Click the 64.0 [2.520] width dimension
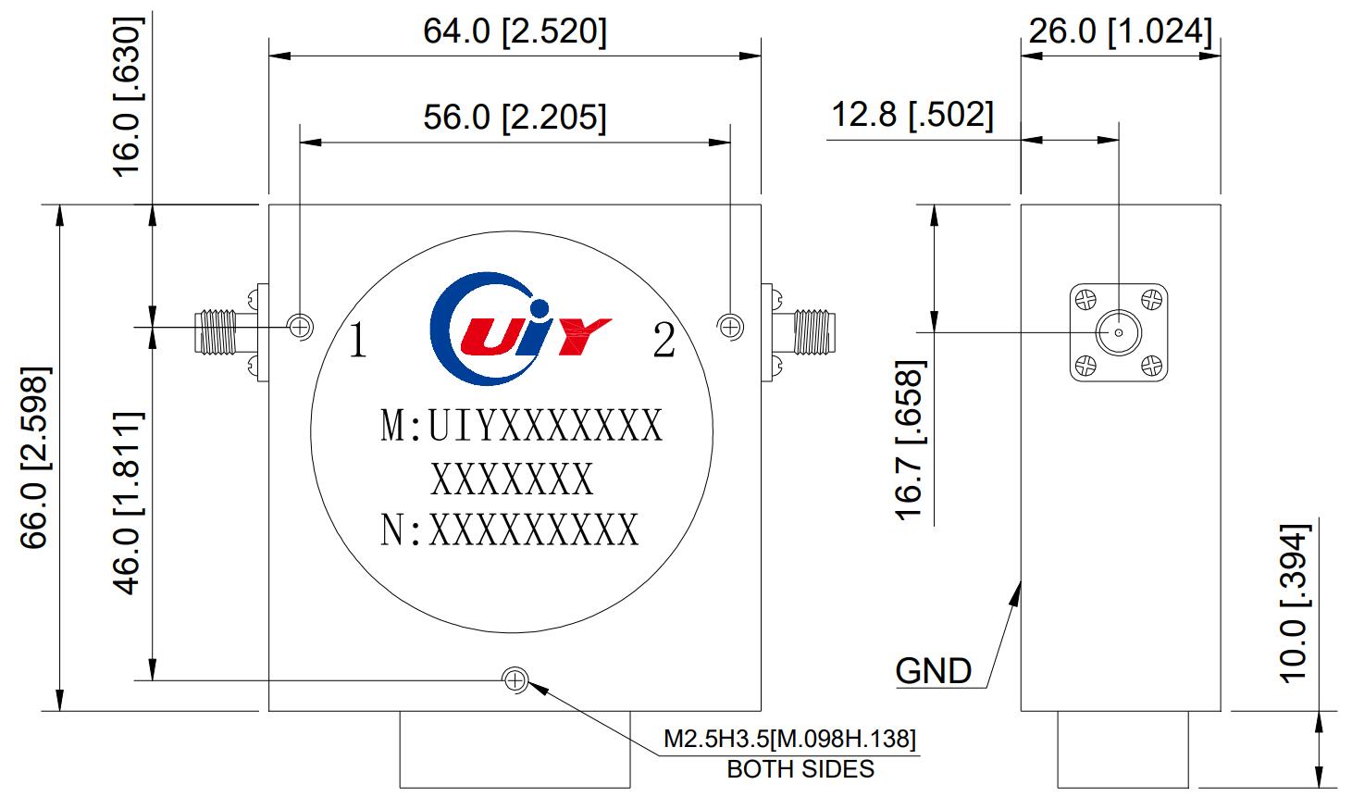(515, 32)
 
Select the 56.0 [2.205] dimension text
(515, 118)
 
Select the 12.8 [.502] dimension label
(912, 116)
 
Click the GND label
(934, 671)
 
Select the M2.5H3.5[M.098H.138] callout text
(789, 740)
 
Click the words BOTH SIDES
(800, 769)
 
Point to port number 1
(357, 343)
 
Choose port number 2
(664, 342)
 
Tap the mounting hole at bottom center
(515, 681)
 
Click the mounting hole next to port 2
(730, 325)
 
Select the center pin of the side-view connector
(1119, 332)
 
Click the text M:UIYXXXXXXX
(522, 427)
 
